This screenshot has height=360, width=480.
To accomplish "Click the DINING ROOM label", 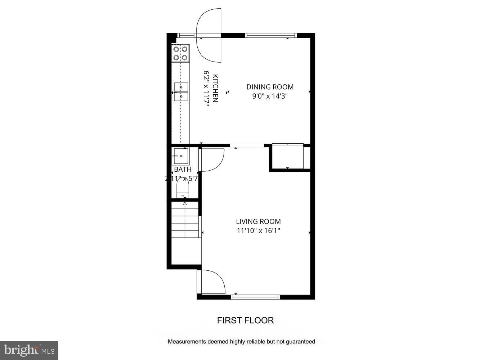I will [x=270, y=87].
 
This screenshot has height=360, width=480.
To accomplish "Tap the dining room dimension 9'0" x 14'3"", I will [x=270, y=96].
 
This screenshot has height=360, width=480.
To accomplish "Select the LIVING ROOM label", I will [x=258, y=221].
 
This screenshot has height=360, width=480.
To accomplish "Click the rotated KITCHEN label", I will [x=215, y=89].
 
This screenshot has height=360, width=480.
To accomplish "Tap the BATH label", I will [x=183, y=169].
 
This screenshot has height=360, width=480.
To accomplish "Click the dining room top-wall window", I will [x=271, y=35].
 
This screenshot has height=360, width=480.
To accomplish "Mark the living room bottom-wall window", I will [x=256, y=297].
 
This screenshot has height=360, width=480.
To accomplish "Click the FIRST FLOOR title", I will [x=245, y=320].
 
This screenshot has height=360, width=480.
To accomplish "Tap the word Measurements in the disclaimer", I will [x=187, y=342].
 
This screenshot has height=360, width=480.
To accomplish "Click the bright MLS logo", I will [x=29, y=350].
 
